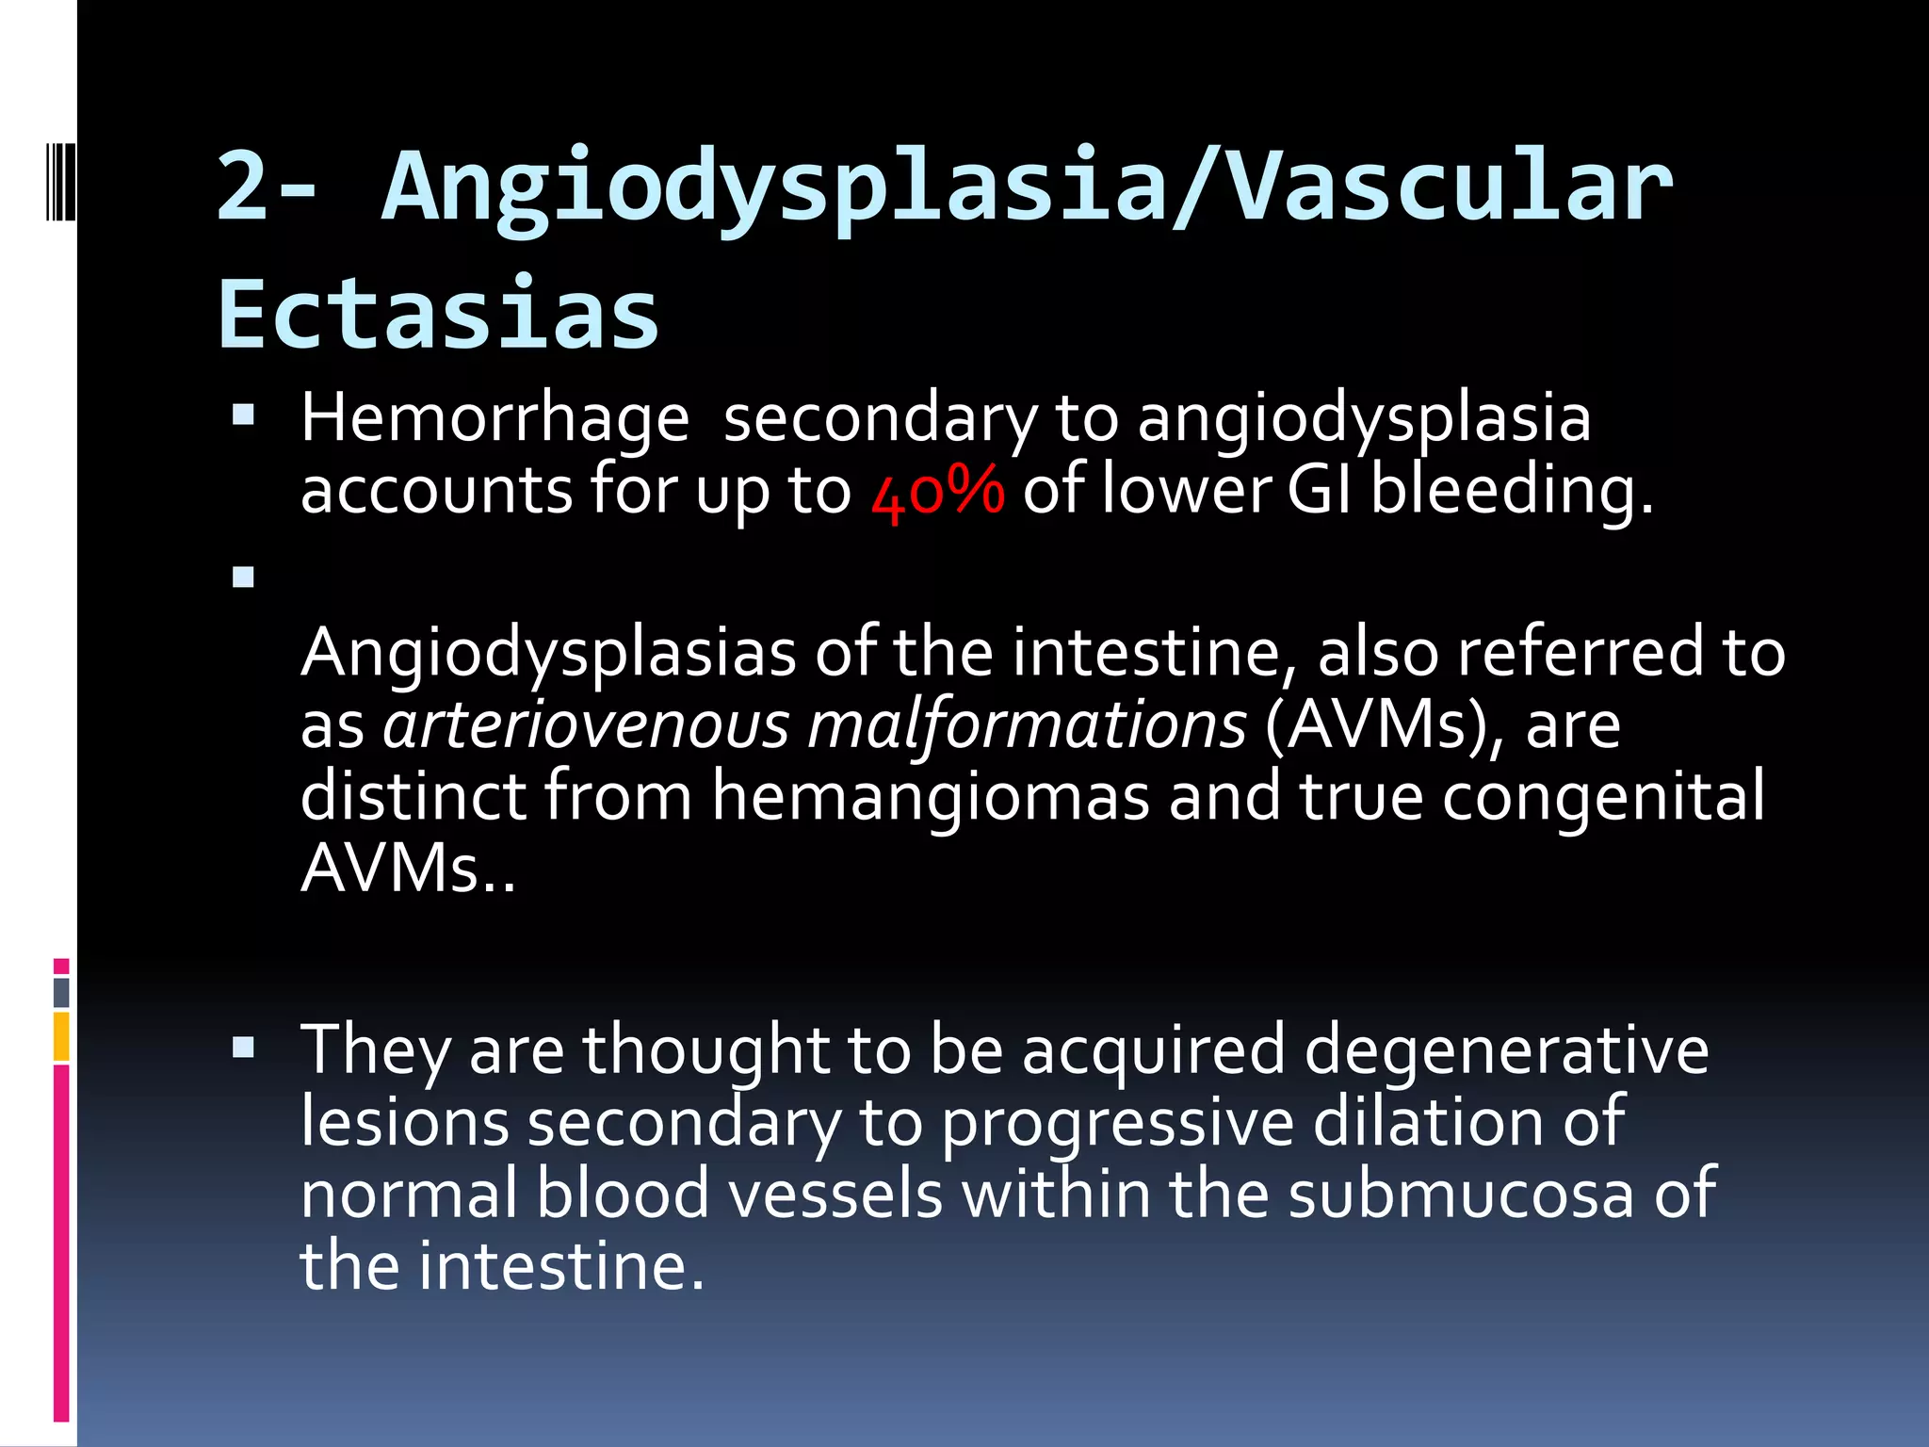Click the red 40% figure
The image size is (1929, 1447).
[x=938, y=491]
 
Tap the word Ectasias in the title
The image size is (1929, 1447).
[x=439, y=314]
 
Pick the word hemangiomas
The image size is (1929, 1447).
[x=931, y=797]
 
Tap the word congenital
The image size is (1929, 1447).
[x=1603, y=797]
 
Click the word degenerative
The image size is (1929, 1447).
[x=1506, y=1049]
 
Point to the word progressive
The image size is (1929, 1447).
[x=1118, y=1122]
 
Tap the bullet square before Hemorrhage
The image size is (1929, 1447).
[x=244, y=415]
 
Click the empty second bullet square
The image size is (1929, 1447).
[x=244, y=577]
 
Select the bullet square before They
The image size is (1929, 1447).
[x=244, y=1047]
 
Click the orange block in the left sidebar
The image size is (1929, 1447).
[x=61, y=1035]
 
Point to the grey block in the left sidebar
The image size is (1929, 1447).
[x=61, y=992]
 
